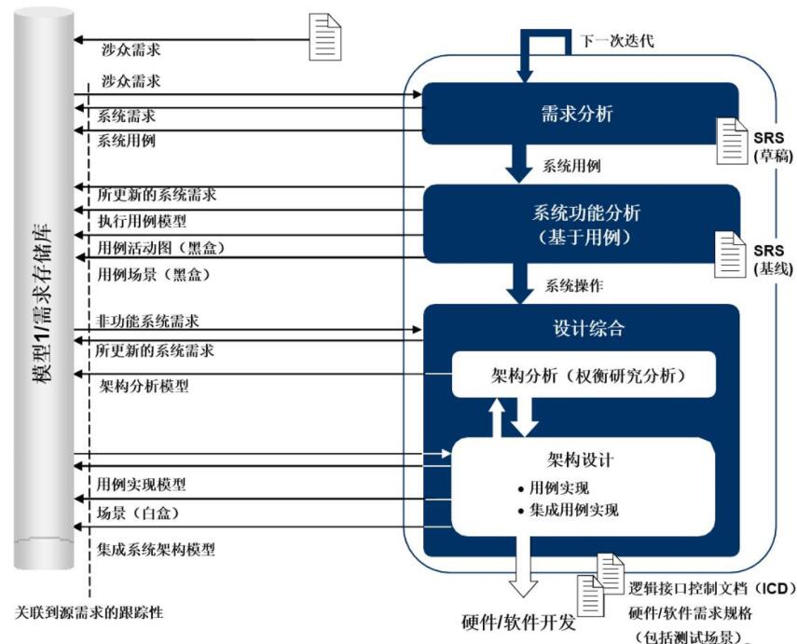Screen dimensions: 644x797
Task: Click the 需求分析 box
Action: coord(578,115)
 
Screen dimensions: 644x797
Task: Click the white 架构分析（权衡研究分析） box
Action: coord(583,376)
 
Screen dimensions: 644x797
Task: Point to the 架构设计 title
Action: coord(580,460)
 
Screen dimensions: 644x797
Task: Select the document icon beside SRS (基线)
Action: coord(730,251)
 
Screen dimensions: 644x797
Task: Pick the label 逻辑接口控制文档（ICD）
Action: coord(709,589)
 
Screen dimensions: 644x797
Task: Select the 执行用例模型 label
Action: coord(142,222)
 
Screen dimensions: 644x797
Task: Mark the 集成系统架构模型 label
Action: coord(156,550)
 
